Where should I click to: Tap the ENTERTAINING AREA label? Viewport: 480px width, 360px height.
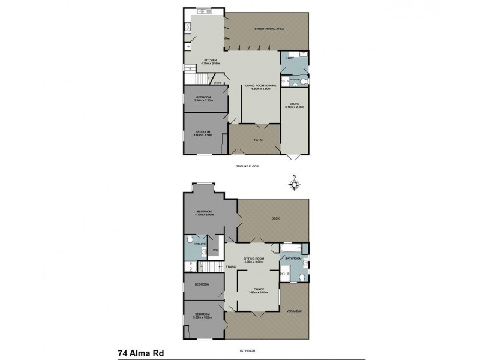click(x=269, y=29)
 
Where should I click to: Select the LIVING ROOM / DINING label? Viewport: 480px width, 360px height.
click(x=260, y=87)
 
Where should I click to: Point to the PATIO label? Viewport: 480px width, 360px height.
click(x=258, y=140)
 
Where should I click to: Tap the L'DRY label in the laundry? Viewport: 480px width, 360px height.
click(x=289, y=58)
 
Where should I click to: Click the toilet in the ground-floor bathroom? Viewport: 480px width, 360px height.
click(x=304, y=80)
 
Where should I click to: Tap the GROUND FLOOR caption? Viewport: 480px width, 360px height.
click(x=246, y=165)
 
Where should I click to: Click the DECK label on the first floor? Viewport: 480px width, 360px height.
click(x=276, y=218)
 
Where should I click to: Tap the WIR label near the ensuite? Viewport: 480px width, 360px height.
click(x=214, y=250)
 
